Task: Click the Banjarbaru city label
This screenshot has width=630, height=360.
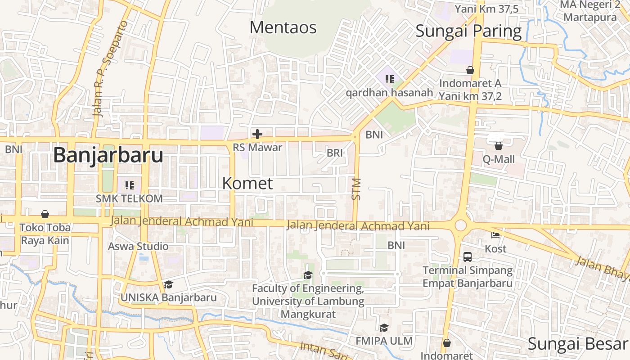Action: pos(108,156)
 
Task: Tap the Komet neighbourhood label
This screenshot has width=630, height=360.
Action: pos(247,183)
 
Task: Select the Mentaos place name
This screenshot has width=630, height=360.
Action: pos(283,27)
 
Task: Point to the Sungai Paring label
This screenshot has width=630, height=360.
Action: pos(468,31)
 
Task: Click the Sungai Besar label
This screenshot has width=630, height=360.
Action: pos(578,344)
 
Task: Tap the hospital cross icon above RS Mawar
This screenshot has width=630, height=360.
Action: pos(257,134)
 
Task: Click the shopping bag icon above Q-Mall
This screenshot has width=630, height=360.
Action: pos(499,146)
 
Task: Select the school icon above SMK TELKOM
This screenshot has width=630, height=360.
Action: pos(130,185)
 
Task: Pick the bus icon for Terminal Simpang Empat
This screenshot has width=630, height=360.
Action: pos(468,257)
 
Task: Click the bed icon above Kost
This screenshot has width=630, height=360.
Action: pos(495,235)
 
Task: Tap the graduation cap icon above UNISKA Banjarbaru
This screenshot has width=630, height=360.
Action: pos(168,284)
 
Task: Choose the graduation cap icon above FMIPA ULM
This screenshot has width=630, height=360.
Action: pos(384,328)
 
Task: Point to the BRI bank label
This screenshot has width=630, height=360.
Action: pos(335,153)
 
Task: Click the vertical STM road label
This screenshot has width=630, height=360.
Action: pos(356,189)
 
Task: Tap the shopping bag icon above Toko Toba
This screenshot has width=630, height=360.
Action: pos(45,214)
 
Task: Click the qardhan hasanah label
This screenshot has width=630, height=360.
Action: pos(389,93)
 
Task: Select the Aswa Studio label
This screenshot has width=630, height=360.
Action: pos(138,246)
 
